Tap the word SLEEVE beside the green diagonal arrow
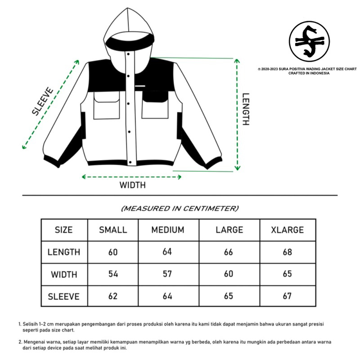pyautogui.click(x=43, y=102)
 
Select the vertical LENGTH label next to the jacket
pyautogui.click(x=246, y=109)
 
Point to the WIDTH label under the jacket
pyautogui.click(x=132, y=185)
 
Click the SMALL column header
pyautogui.click(x=113, y=230)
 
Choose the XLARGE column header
pyautogui.click(x=287, y=230)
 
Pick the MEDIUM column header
pyautogui.click(x=167, y=230)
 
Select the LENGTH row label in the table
pyautogui.click(x=63, y=252)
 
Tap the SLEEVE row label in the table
pyautogui.click(x=63, y=296)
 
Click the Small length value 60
pyautogui.click(x=113, y=252)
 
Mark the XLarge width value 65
pyautogui.click(x=287, y=274)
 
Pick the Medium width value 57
pyautogui.click(x=167, y=274)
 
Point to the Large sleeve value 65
pyautogui.click(x=228, y=296)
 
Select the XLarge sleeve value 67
pyautogui.click(x=287, y=296)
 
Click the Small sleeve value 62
pyautogui.click(x=113, y=296)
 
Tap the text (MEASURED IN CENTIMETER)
pyautogui.click(x=180, y=208)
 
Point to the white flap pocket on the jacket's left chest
pyautogui.click(x=106, y=106)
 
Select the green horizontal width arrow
pyautogui.click(x=131, y=177)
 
